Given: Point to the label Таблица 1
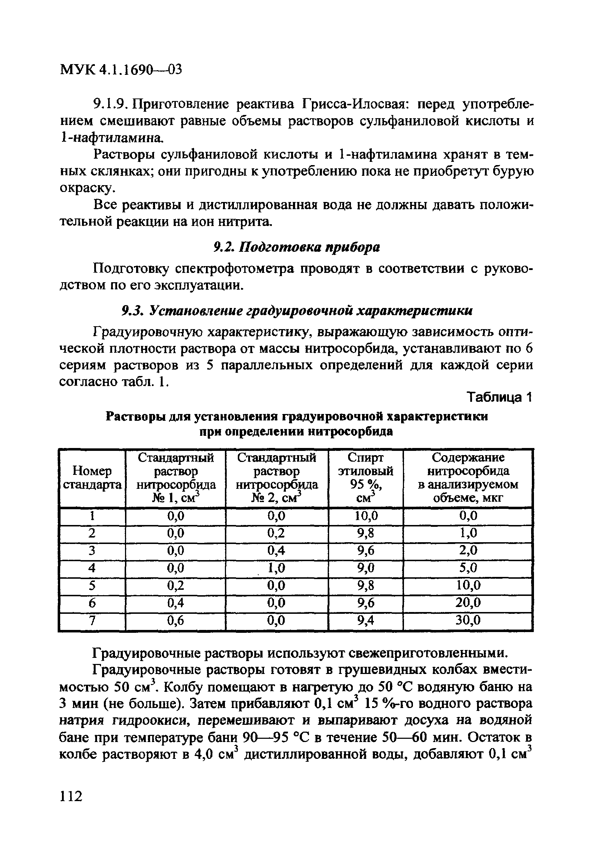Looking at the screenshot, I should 499,398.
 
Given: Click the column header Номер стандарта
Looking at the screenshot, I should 92,478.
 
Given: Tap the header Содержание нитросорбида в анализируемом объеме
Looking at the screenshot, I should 468,478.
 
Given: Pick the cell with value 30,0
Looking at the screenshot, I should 468,620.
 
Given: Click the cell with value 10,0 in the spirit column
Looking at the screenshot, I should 365,516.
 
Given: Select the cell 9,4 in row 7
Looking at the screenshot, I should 365,620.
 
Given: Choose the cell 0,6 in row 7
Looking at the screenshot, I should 175,620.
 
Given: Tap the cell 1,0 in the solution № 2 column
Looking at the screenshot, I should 276,568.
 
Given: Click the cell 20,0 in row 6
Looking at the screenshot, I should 468,603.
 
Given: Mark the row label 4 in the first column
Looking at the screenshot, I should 92,568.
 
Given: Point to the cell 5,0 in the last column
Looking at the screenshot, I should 468,568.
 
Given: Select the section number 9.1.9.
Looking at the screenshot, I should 111,104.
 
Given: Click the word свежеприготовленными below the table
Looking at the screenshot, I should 428,653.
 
